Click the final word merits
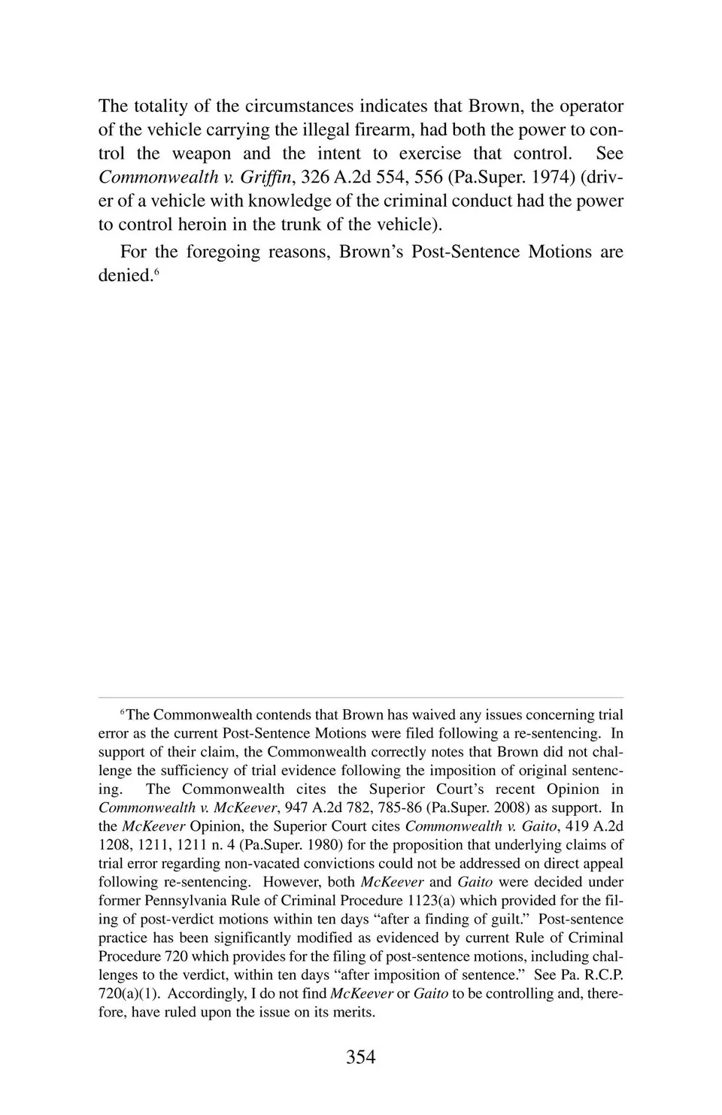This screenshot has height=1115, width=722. pos(354,1012)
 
